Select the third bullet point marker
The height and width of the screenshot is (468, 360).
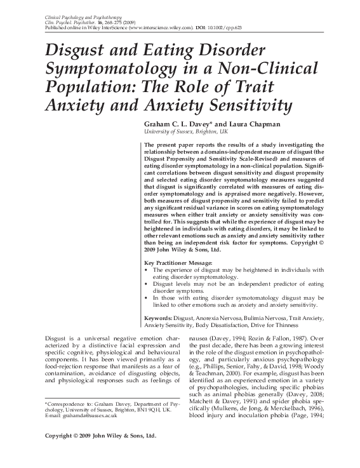click(147, 297)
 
